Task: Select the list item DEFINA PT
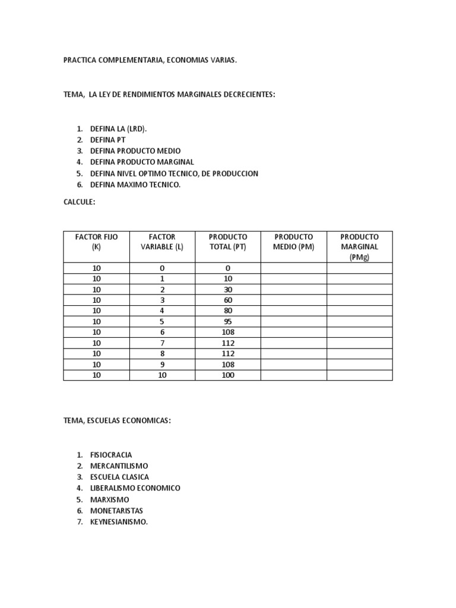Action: [107, 140]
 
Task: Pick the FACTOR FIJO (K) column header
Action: [96, 242]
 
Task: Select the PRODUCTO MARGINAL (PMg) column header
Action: [359, 246]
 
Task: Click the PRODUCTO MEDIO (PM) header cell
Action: [293, 242]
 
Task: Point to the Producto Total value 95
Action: [228, 322]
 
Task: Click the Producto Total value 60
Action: [228, 300]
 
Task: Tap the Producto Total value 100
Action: [228, 375]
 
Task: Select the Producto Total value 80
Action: [228, 311]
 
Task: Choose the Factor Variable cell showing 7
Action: [162, 343]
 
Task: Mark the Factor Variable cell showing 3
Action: [162, 300]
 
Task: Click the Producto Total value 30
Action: [228, 290]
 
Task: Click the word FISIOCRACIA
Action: [111, 454]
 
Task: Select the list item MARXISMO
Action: [109, 499]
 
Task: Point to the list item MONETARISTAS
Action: [116, 511]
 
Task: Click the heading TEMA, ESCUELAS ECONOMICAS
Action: [117, 420]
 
